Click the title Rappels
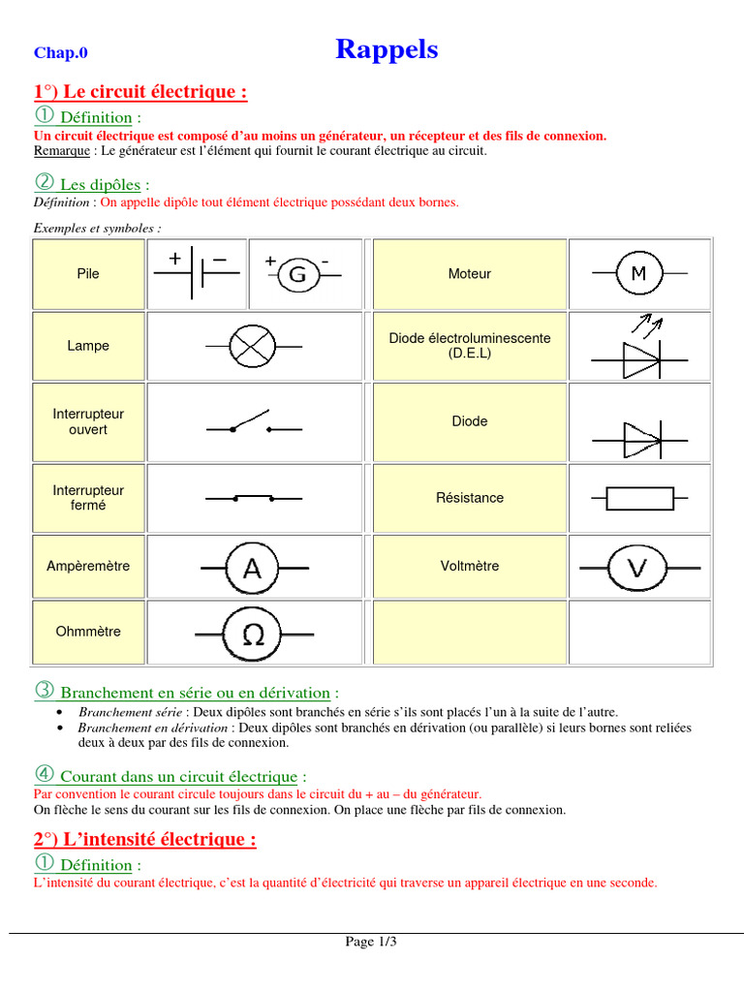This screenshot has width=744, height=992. pos(387,49)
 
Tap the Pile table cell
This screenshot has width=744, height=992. pos(88,274)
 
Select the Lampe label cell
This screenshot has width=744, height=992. pos(88,346)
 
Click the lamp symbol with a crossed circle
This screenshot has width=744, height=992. pos(253,346)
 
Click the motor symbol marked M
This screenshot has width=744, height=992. pos(638,274)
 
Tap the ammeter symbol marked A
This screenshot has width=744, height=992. pos(252,568)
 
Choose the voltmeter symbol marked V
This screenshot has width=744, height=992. pos(636,568)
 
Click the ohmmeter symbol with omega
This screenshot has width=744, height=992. pos(252,634)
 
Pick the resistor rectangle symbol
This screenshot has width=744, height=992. pos(639,498)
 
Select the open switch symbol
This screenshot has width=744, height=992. pos(253,422)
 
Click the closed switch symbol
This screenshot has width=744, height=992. pos(253,498)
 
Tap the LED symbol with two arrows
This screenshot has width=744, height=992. pos(639,350)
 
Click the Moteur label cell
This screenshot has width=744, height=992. pos(469,274)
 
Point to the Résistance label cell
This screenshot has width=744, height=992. pos(469,498)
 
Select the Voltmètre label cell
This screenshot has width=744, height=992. pos(469,566)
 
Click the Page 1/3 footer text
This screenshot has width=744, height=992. pos(372,942)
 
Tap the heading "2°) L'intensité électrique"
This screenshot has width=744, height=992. pos(145,839)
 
